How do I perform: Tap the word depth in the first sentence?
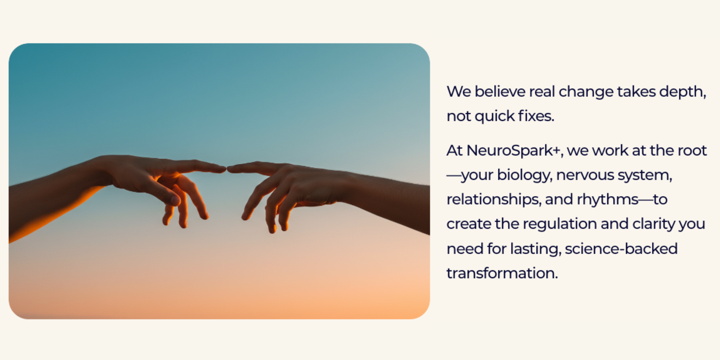tap(682, 92)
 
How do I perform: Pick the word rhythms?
tap(607, 200)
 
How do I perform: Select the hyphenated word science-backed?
tap(621, 249)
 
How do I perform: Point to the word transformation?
tap(502, 273)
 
